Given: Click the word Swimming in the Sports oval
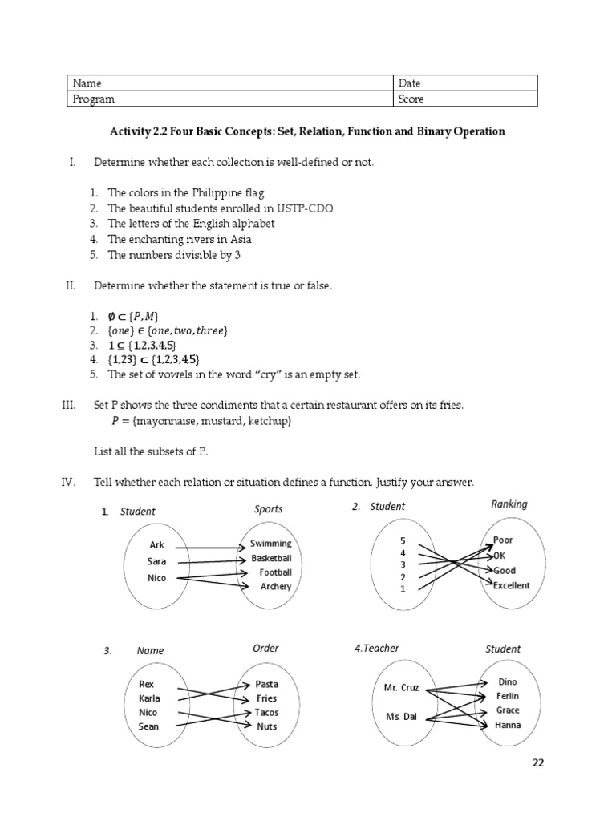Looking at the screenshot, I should pos(270,544).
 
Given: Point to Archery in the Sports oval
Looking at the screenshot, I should pos(276,586).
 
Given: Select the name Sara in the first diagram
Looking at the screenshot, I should pos(156,561).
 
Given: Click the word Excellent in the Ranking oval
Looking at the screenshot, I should pos(512,585).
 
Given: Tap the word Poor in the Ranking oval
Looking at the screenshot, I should pos(503,540).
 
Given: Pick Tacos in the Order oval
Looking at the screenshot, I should pos(267,712).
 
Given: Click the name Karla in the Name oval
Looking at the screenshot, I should pos(149,698).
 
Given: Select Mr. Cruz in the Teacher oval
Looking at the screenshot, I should pos(402,688).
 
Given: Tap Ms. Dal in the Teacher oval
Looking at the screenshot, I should pos(401,717).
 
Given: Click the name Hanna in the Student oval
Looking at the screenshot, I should pos(508,725).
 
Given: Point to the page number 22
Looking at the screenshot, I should pos(538,762).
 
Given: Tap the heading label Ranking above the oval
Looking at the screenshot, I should pos(509,504).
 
